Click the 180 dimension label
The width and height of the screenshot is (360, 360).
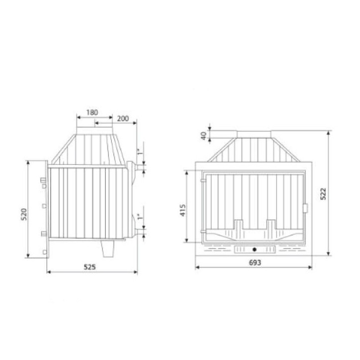91,112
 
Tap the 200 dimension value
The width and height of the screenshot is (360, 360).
123,118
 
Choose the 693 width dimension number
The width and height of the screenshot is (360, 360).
254,262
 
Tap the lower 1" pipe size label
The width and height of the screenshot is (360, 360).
140,217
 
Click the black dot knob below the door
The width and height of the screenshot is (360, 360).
254,248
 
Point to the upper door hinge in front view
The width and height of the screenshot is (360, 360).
202,181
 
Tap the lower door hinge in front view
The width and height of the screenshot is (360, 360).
202,232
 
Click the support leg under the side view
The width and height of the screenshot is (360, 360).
106,248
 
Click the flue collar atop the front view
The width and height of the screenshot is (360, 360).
254,134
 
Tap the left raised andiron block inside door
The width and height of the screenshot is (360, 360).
238,225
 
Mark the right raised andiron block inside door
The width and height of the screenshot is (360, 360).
271,225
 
